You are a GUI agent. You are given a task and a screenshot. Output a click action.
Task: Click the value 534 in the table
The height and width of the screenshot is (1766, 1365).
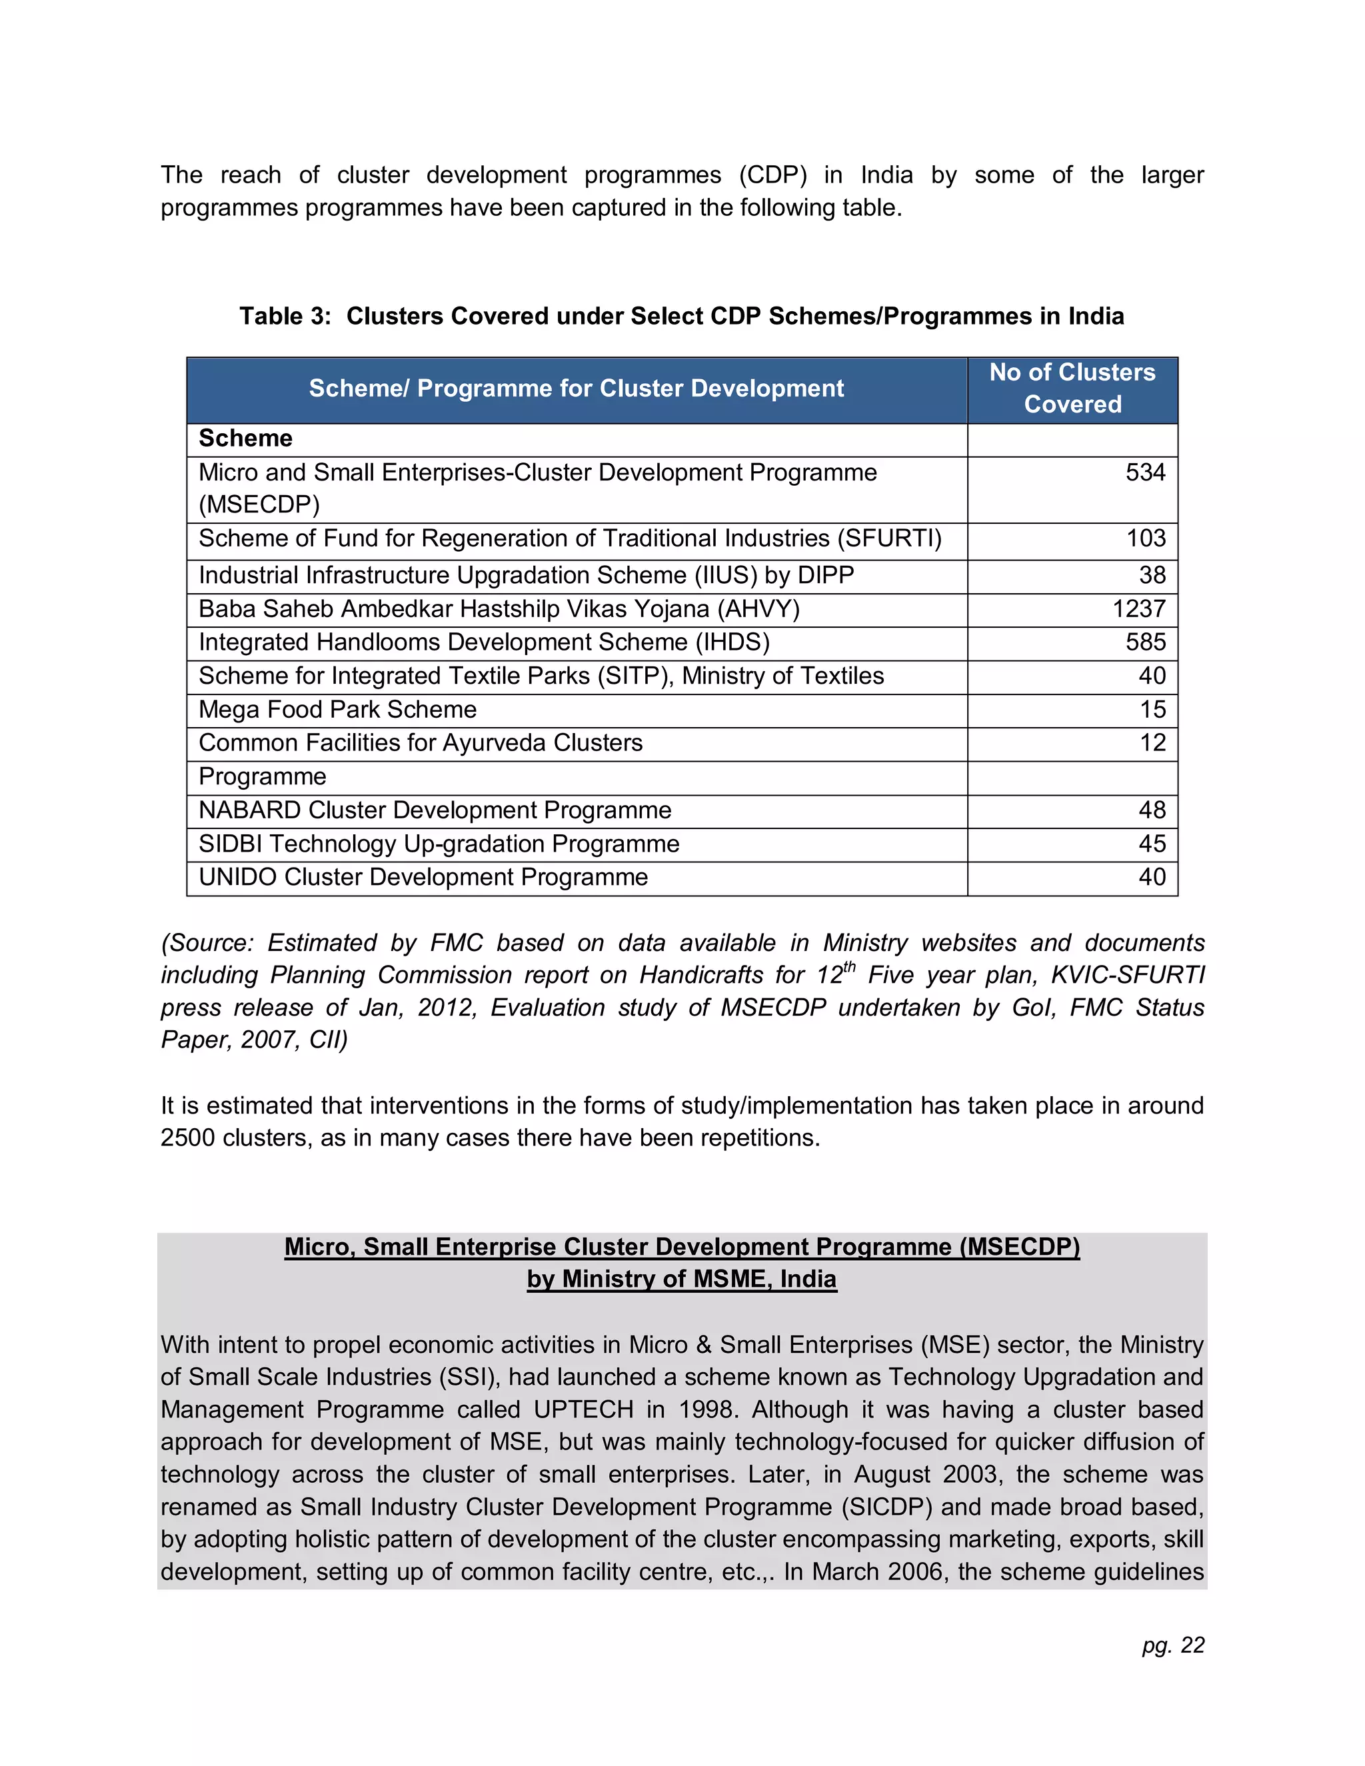pos(1145,472)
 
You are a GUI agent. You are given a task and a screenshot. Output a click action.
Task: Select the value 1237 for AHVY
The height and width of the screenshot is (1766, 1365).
pos(1138,609)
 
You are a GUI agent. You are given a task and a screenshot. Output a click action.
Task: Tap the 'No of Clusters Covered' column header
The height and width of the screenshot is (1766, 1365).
pos(1072,388)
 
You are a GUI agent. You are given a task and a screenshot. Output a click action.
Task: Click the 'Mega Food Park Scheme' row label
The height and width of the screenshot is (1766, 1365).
pos(337,709)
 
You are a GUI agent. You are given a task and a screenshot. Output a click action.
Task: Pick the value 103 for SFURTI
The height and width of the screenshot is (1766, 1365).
pos(1146,538)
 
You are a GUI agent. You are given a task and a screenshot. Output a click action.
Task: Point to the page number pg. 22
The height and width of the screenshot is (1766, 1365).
pos(1172,1645)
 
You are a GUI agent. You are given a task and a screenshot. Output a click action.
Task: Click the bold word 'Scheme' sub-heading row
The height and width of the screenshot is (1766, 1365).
pos(246,439)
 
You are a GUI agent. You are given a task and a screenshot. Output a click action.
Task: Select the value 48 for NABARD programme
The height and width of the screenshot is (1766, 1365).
pos(1152,810)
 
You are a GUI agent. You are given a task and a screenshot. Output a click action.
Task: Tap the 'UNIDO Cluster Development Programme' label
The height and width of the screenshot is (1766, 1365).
pos(423,878)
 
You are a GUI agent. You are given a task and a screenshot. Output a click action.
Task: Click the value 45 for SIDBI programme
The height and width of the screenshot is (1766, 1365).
pos(1152,844)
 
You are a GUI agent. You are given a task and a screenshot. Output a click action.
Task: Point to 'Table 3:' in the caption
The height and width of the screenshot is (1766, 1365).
pos(285,316)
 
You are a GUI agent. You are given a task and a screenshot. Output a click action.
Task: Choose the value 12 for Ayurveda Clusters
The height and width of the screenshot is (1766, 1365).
pos(1152,742)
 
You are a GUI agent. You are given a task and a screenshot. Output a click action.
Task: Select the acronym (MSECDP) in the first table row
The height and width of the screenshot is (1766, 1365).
pos(259,504)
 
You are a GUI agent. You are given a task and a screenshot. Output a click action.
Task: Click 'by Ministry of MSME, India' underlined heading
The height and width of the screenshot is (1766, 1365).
pos(682,1280)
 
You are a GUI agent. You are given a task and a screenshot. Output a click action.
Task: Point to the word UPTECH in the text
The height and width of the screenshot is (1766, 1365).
pos(583,1409)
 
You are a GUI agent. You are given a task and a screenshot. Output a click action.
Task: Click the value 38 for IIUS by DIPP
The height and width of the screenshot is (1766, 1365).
pos(1152,575)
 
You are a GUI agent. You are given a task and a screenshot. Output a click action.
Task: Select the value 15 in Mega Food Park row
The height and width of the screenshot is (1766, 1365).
pos(1152,709)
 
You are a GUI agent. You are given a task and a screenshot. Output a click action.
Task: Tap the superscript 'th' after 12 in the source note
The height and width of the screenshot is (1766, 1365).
pos(849,966)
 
